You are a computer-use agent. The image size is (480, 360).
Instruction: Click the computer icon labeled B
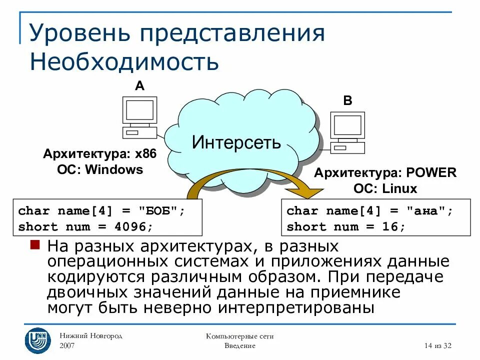point(347,132)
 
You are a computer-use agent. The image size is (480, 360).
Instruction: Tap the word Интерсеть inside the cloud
point(236,142)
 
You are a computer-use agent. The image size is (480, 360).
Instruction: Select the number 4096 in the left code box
point(132,227)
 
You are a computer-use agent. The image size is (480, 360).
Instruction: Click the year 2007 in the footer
point(68,345)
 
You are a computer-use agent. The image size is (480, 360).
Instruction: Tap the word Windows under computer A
point(114,169)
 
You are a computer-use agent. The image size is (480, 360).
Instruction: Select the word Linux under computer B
point(400,189)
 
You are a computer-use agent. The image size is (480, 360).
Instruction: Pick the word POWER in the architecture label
point(431,173)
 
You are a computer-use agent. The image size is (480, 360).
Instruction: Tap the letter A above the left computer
point(139,86)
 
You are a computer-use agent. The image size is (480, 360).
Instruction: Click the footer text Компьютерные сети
point(239,336)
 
